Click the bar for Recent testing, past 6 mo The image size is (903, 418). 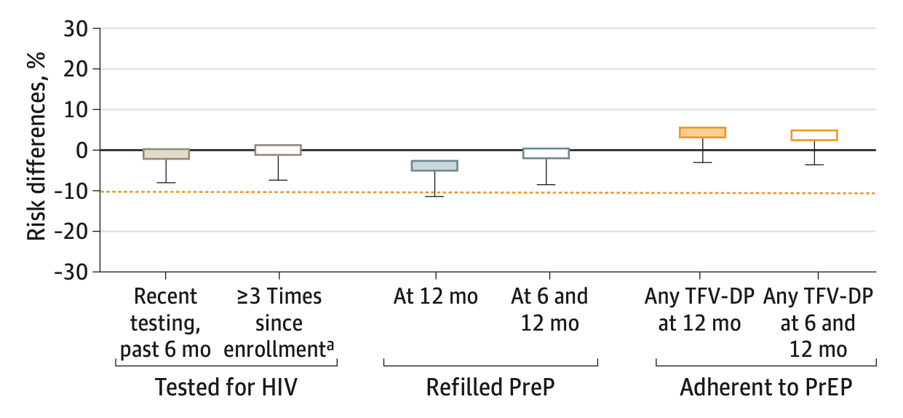click(166, 154)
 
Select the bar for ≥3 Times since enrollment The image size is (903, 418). click(277, 150)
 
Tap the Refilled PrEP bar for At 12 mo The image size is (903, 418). click(434, 165)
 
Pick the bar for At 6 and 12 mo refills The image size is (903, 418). click(546, 153)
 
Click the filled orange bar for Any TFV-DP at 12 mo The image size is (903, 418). click(702, 133)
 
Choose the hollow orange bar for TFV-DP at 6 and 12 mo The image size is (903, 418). click(814, 135)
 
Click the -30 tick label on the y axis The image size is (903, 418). click(73, 272)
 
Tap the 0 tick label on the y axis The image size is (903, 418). click(82, 150)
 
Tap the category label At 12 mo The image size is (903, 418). click(435, 297)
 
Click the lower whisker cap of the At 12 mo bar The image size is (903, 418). click(434, 196)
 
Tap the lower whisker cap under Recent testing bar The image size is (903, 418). click(166, 182)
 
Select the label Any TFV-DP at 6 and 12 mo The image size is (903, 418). click(818, 323)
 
